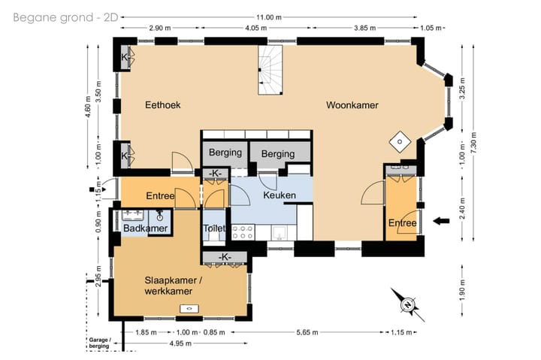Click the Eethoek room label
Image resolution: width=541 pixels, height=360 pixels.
click(x=162, y=105)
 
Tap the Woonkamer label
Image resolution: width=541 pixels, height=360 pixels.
click(x=352, y=105)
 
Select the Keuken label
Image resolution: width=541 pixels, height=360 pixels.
click(x=280, y=195)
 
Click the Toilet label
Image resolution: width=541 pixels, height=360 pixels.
click(x=214, y=228)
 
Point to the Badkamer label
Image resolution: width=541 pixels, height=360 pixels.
click(x=145, y=228)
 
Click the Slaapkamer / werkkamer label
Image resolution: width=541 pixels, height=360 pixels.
click(x=173, y=286)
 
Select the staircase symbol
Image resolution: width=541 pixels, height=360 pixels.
click(x=270, y=70)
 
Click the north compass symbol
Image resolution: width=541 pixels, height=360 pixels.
click(x=408, y=305)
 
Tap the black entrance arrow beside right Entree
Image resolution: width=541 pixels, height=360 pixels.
click(x=441, y=221)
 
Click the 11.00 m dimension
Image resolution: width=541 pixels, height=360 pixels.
click(x=269, y=17)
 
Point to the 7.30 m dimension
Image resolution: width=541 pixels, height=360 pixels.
click(x=473, y=143)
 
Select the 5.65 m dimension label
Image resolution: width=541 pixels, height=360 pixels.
click(x=307, y=332)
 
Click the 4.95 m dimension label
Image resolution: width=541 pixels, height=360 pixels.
click(x=180, y=343)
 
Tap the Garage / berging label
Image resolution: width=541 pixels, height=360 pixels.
click(x=100, y=343)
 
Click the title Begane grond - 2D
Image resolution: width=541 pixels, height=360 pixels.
click(x=65, y=17)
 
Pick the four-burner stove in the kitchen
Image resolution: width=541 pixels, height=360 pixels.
click(x=243, y=232)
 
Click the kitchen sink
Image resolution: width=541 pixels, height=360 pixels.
click(x=279, y=233)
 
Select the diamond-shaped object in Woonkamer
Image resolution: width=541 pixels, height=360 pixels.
click(x=400, y=141)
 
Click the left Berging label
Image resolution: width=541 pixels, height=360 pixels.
click(x=225, y=153)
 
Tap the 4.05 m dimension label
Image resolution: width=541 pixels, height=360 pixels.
click(x=256, y=28)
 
